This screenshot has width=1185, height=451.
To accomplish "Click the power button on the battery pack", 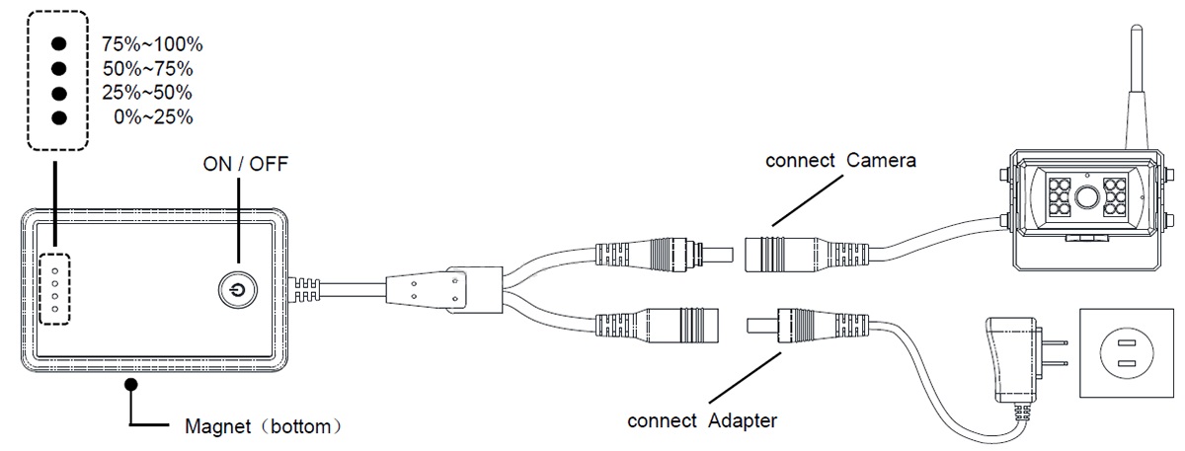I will click(x=234, y=290).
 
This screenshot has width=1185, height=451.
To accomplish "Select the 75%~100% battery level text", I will click(x=152, y=44).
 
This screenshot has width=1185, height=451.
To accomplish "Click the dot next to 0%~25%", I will click(x=58, y=118).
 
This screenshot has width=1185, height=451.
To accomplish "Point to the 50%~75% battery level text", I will click(x=147, y=69).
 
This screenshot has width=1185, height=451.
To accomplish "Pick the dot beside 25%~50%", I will click(x=58, y=94).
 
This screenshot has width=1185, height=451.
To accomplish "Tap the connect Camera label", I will click(x=842, y=161).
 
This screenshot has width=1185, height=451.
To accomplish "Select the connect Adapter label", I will click(x=703, y=420).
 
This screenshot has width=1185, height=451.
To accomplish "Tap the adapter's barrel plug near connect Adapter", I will click(x=790, y=326).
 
